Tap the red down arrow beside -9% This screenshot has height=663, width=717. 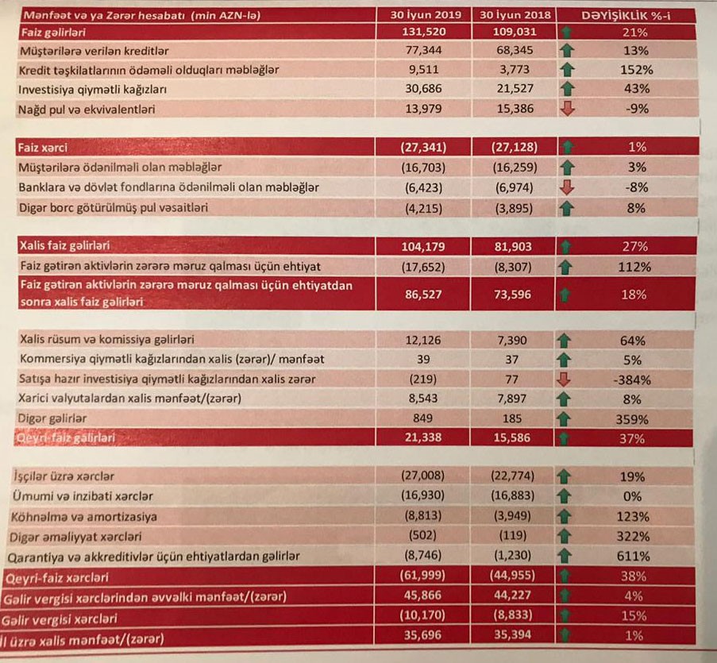pos(567,109)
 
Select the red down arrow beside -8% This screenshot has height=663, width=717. pos(567,188)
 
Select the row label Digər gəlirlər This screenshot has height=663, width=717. pos(52,418)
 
